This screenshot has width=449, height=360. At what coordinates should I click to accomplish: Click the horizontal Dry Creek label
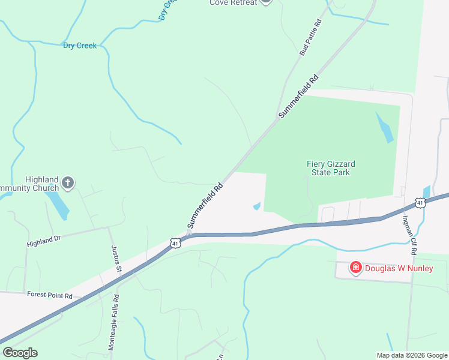click(79, 46)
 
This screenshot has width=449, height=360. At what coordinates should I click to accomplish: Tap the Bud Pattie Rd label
click(311, 38)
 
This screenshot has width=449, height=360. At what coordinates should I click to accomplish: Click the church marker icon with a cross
click(68, 182)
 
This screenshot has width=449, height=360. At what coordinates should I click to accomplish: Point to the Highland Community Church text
click(30, 184)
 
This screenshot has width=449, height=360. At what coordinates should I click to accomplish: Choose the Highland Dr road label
click(44, 241)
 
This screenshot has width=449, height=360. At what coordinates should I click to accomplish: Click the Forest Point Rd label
click(49, 295)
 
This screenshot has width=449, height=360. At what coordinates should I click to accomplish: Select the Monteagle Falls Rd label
click(112, 323)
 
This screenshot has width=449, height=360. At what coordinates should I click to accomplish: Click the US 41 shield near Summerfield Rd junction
click(175, 243)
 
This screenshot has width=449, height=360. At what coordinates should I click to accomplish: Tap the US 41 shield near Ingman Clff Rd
click(420, 203)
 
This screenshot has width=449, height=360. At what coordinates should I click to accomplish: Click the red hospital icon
click(355, 268)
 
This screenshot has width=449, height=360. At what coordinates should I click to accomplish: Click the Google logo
click(20, 353)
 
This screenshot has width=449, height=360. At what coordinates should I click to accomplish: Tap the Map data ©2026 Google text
click(411, 355)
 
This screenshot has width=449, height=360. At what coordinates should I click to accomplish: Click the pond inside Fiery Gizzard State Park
click(385, 127)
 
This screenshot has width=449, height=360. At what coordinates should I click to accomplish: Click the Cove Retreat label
click(233, 2)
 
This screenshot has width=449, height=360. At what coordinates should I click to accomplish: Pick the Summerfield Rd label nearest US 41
click(205, 205)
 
